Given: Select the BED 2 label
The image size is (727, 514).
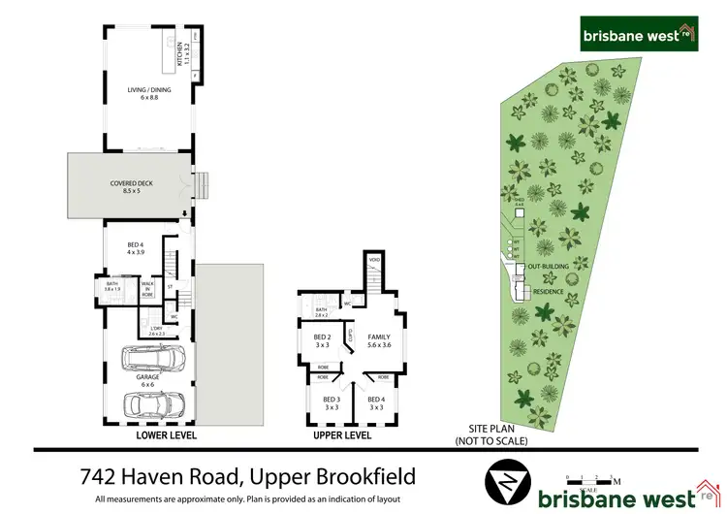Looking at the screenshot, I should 322,339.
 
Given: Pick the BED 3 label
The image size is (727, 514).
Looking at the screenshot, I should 332,402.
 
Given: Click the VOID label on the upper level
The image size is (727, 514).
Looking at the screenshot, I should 373,260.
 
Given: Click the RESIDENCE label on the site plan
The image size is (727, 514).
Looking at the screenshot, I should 549,291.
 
